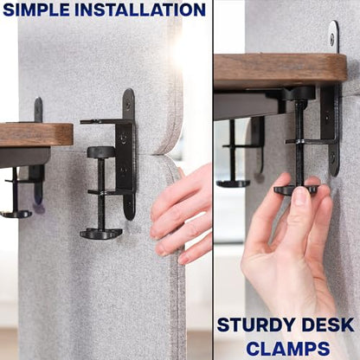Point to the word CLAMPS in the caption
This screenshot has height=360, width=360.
click(x=288, y=349)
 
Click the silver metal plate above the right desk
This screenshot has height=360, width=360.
click(x=334, y=36)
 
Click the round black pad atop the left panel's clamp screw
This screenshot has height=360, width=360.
click(x=101, y=151)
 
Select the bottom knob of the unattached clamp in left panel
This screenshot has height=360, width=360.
click(x=101, y=234)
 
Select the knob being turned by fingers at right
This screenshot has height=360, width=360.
click(x=297, y=190)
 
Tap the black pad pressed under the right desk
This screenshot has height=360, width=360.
click(x=299, y=93)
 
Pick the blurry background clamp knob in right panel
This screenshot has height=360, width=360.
click(x=233, y=183)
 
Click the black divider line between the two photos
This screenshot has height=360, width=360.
click(x=213, y=180)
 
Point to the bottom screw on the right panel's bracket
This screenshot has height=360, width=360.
click(x=333, y=157)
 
